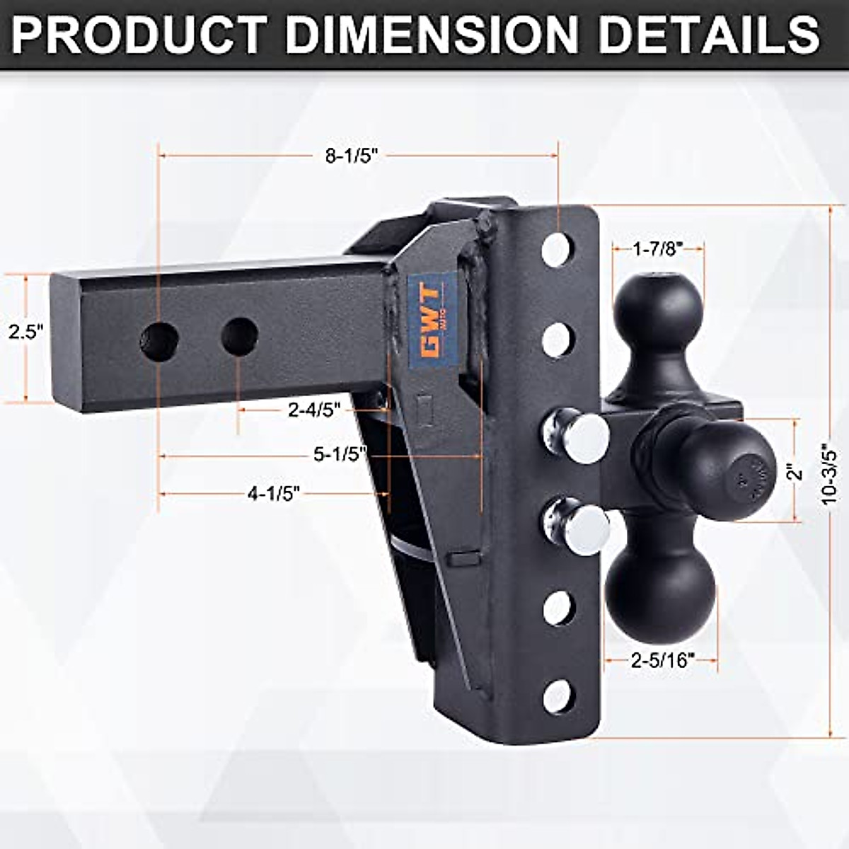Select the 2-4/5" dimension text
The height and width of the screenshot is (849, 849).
click(314, 410)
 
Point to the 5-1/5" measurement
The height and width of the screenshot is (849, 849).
click(340, 455)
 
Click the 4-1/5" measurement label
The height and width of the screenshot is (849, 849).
click(274, 493)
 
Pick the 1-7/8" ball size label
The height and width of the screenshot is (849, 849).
click(658, 248)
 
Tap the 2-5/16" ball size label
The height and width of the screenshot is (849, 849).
click(662, 661)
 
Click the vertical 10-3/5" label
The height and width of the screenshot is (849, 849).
click(828, 474)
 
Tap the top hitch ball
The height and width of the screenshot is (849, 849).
click(658, 306)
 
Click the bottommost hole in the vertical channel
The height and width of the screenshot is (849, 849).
click(558, 696)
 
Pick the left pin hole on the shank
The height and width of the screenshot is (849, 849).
click(159, 342)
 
